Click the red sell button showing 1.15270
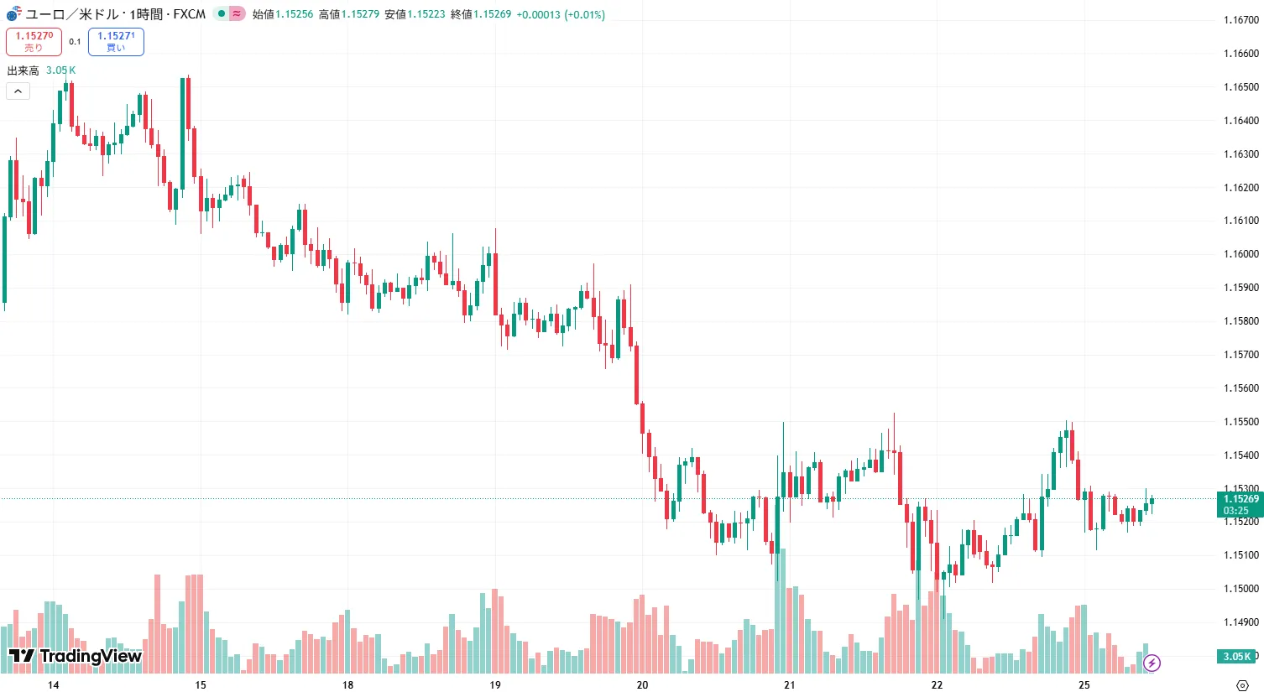click(x=34, y=41)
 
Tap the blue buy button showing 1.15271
click(x=116, y=41)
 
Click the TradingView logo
click(x=75, y=656)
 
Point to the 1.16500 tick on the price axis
click(x=1240, y=87)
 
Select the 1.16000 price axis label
click(x=1240, y=254)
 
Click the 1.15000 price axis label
click(x=1240, y=589)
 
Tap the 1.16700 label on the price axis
click(x=1240, y=20)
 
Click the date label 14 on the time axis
click(x=54, y=685)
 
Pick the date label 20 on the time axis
click(x=642, y=685)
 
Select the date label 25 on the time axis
click(x=1084, y=685)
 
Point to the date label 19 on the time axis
click(x=495, y=685)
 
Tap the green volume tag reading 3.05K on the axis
click(x=1236, y=657)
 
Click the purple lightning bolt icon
click(x=1152, y=663)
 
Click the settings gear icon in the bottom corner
click(x=1243, y=685)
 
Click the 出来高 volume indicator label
click(x=24, y=70)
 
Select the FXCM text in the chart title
click(x=190, y=14)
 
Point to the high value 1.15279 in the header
click(x=360, y=14)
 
